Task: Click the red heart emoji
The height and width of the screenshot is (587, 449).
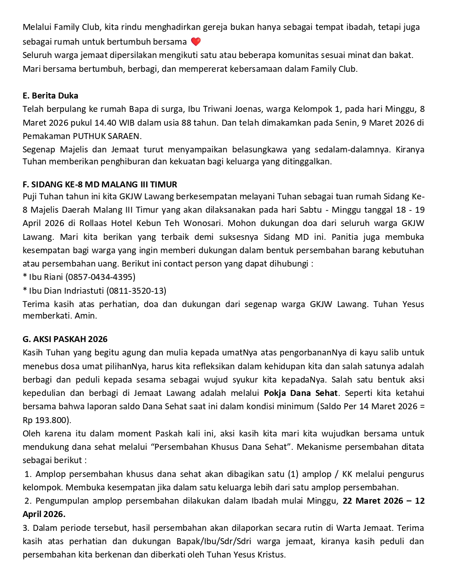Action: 196,41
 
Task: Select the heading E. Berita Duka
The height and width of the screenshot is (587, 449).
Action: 50,96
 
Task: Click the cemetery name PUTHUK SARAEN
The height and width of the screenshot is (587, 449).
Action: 106,136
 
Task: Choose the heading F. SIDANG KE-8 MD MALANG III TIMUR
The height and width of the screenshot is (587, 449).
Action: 99,185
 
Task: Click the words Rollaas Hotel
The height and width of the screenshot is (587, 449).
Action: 106,223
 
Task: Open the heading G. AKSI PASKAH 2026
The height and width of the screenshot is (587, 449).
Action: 65,339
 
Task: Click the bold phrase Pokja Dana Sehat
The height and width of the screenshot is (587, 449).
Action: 301,393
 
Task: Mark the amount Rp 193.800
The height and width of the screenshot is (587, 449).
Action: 46,420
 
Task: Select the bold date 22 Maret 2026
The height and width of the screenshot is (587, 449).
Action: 373,501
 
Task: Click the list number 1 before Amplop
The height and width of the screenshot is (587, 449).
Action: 28,474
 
